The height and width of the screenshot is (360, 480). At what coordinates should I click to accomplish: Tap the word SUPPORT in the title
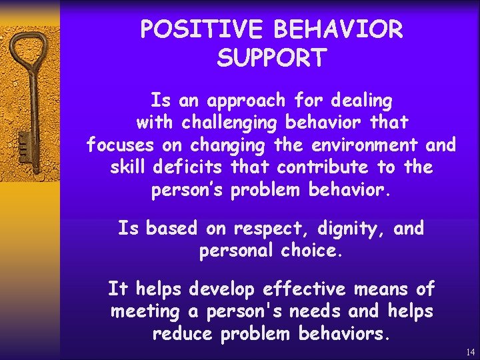click(x=271, y=59)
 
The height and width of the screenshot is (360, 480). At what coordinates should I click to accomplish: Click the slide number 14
click(x=471, y=351)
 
